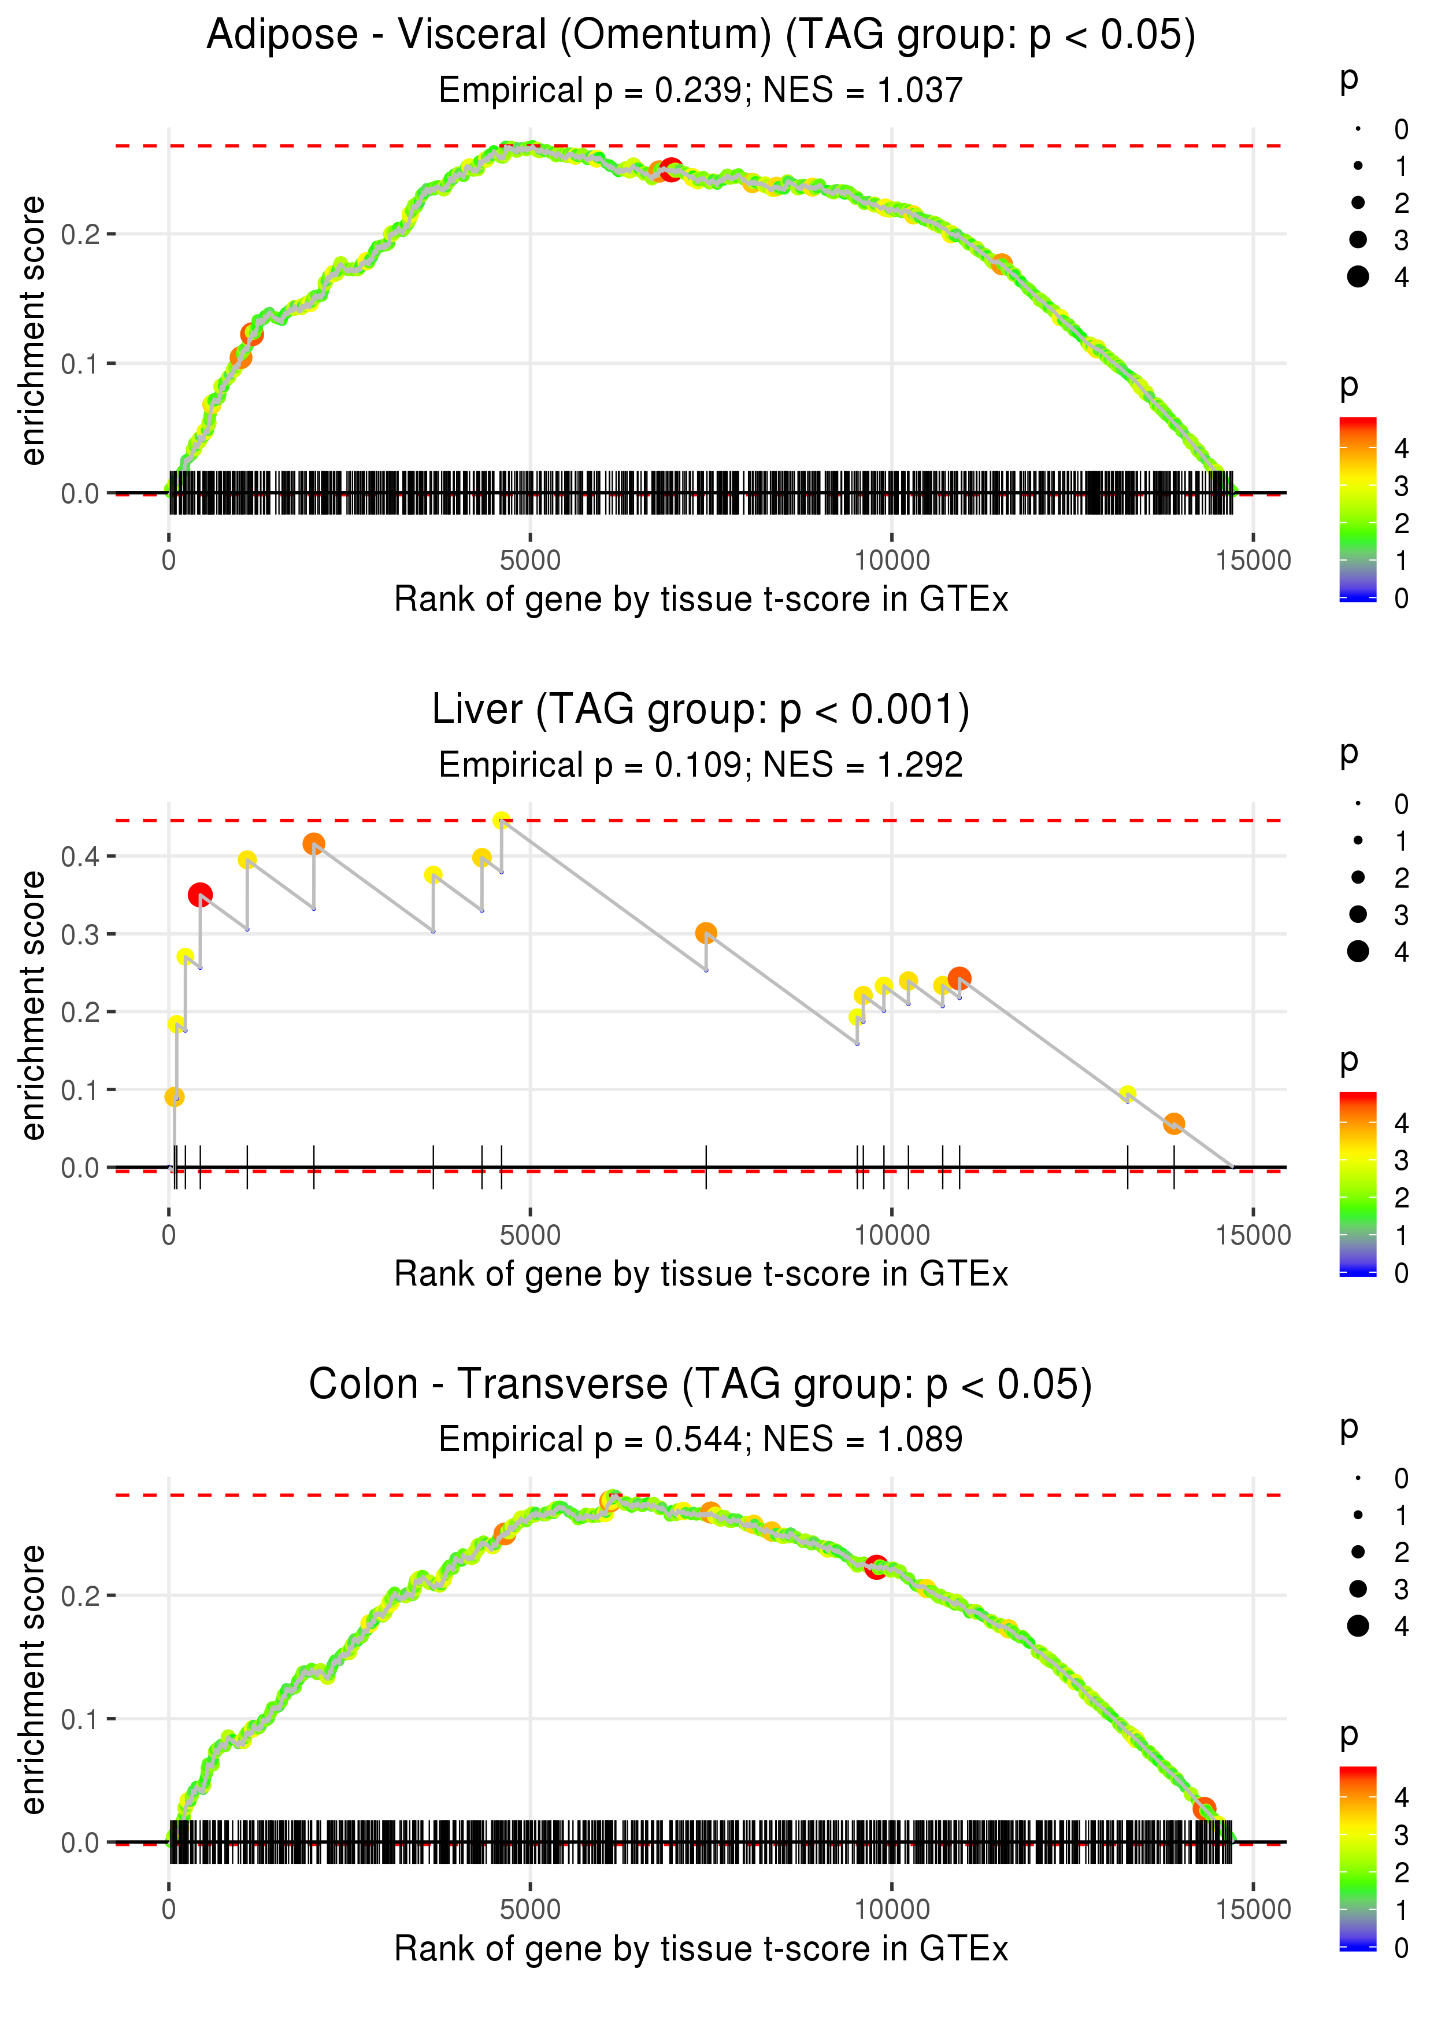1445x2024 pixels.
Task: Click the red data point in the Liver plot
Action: pos(200,895)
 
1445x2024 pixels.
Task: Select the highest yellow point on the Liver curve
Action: pos(502,820)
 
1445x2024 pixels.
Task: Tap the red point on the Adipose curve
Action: pos(671,169)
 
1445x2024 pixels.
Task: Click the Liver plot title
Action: pos(701,710)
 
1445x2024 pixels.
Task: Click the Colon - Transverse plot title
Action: pos(701,1384)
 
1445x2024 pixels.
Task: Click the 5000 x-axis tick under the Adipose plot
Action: pos(530,561)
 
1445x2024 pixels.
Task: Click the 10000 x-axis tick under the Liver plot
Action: pos(891,1235)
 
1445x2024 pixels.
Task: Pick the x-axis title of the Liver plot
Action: pos(701,1274)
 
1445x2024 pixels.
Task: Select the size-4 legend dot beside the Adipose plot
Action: pos(1358,277)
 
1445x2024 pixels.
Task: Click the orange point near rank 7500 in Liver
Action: pos(706,933)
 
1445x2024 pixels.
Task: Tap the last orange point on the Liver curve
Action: pos(1173,1123)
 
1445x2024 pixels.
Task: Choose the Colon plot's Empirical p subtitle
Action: pos(701,1439)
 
